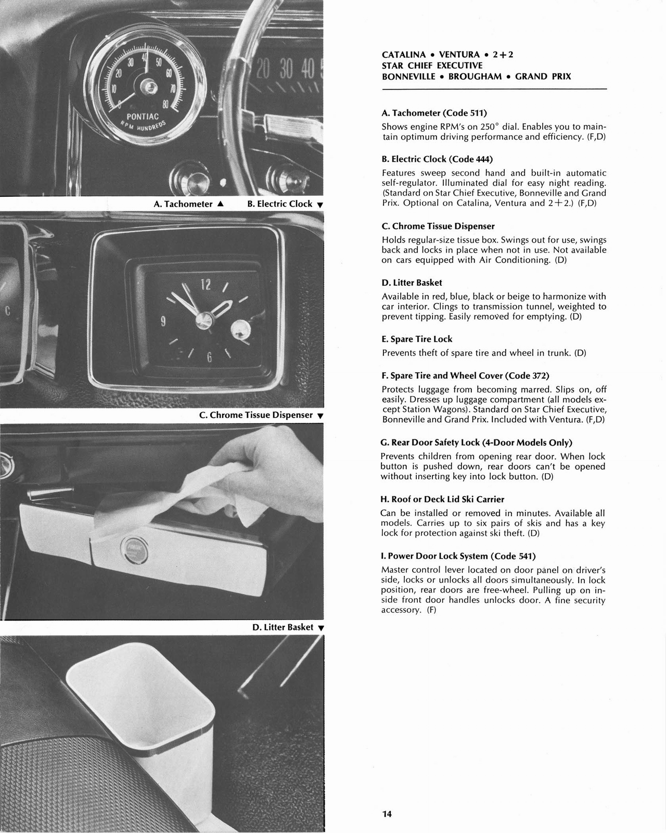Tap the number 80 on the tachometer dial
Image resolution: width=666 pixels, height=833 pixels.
pyautogui.click(x=164, y=105)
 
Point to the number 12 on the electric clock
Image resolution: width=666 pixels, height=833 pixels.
pyautogui.click(x=206, y=284)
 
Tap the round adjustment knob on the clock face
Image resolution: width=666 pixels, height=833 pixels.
pyautogui.click(x=239, y=329)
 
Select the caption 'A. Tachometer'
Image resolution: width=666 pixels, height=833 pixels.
pyautogui.click(x=183, y=204)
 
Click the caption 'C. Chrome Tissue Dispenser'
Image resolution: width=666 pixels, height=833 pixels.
pyautogui.click(x=256, y=415)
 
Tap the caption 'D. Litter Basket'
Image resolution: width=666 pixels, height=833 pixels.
pyautogui.click(x=283, y=627)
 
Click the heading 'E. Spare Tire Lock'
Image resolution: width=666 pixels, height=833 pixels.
pyautogui.click(x=417, y=339)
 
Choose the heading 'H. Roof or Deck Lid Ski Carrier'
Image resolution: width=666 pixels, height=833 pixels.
pyautogui.click(x=442, y=499)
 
